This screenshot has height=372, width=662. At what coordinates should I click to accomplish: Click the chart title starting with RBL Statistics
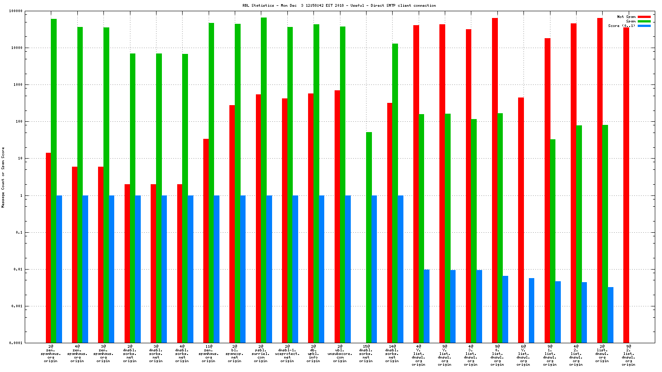pyautogui.click(x=339, y=5)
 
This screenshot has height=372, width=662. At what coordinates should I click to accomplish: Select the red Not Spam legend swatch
pyautogui.click(x=644, y=17)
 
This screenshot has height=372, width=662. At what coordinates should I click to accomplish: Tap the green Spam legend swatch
pyautogui.click(x=644, y=21)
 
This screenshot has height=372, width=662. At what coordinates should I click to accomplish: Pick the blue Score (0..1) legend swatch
pyautogui.click(x=644, y=26)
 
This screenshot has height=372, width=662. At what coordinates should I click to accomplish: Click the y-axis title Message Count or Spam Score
pyautogui.click(x=3, y=177)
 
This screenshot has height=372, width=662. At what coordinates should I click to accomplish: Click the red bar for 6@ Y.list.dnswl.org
pyautogui.click(x=521, y=220)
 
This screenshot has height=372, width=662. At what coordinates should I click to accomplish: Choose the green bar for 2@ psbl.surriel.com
pyautogui.click(x=264, y=180)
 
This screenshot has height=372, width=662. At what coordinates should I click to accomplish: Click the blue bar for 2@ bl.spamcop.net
pyautogui.click(x=243, y=269)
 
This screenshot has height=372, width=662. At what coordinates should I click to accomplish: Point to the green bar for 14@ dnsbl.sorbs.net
pyautogui.click(x=395, y=193)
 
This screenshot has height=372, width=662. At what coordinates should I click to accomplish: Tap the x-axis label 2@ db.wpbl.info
pyautogui.click(x=313, y=354)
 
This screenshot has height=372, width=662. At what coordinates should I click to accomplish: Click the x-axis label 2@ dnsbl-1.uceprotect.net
pyautogui.click(x=287, y=354)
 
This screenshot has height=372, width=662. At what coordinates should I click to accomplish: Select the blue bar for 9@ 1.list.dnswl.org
pyautogui.click(x=558, y=312)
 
